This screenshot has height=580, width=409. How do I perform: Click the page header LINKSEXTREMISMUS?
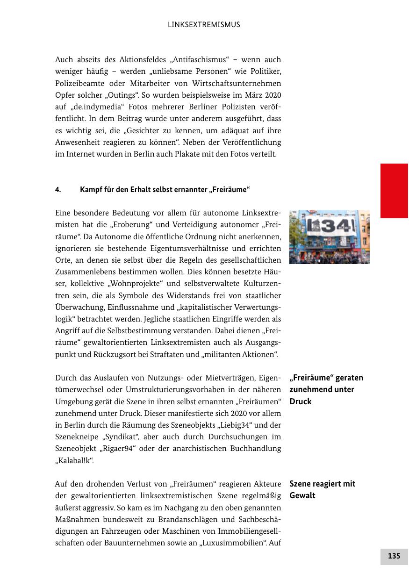coord(204,25)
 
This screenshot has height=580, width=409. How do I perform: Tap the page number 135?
coord(394,556)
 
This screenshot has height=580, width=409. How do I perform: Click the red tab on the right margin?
coord(394,191)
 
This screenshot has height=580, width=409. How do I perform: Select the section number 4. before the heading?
coord(58,190)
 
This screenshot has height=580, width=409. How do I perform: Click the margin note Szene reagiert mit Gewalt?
coord(322,489)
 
